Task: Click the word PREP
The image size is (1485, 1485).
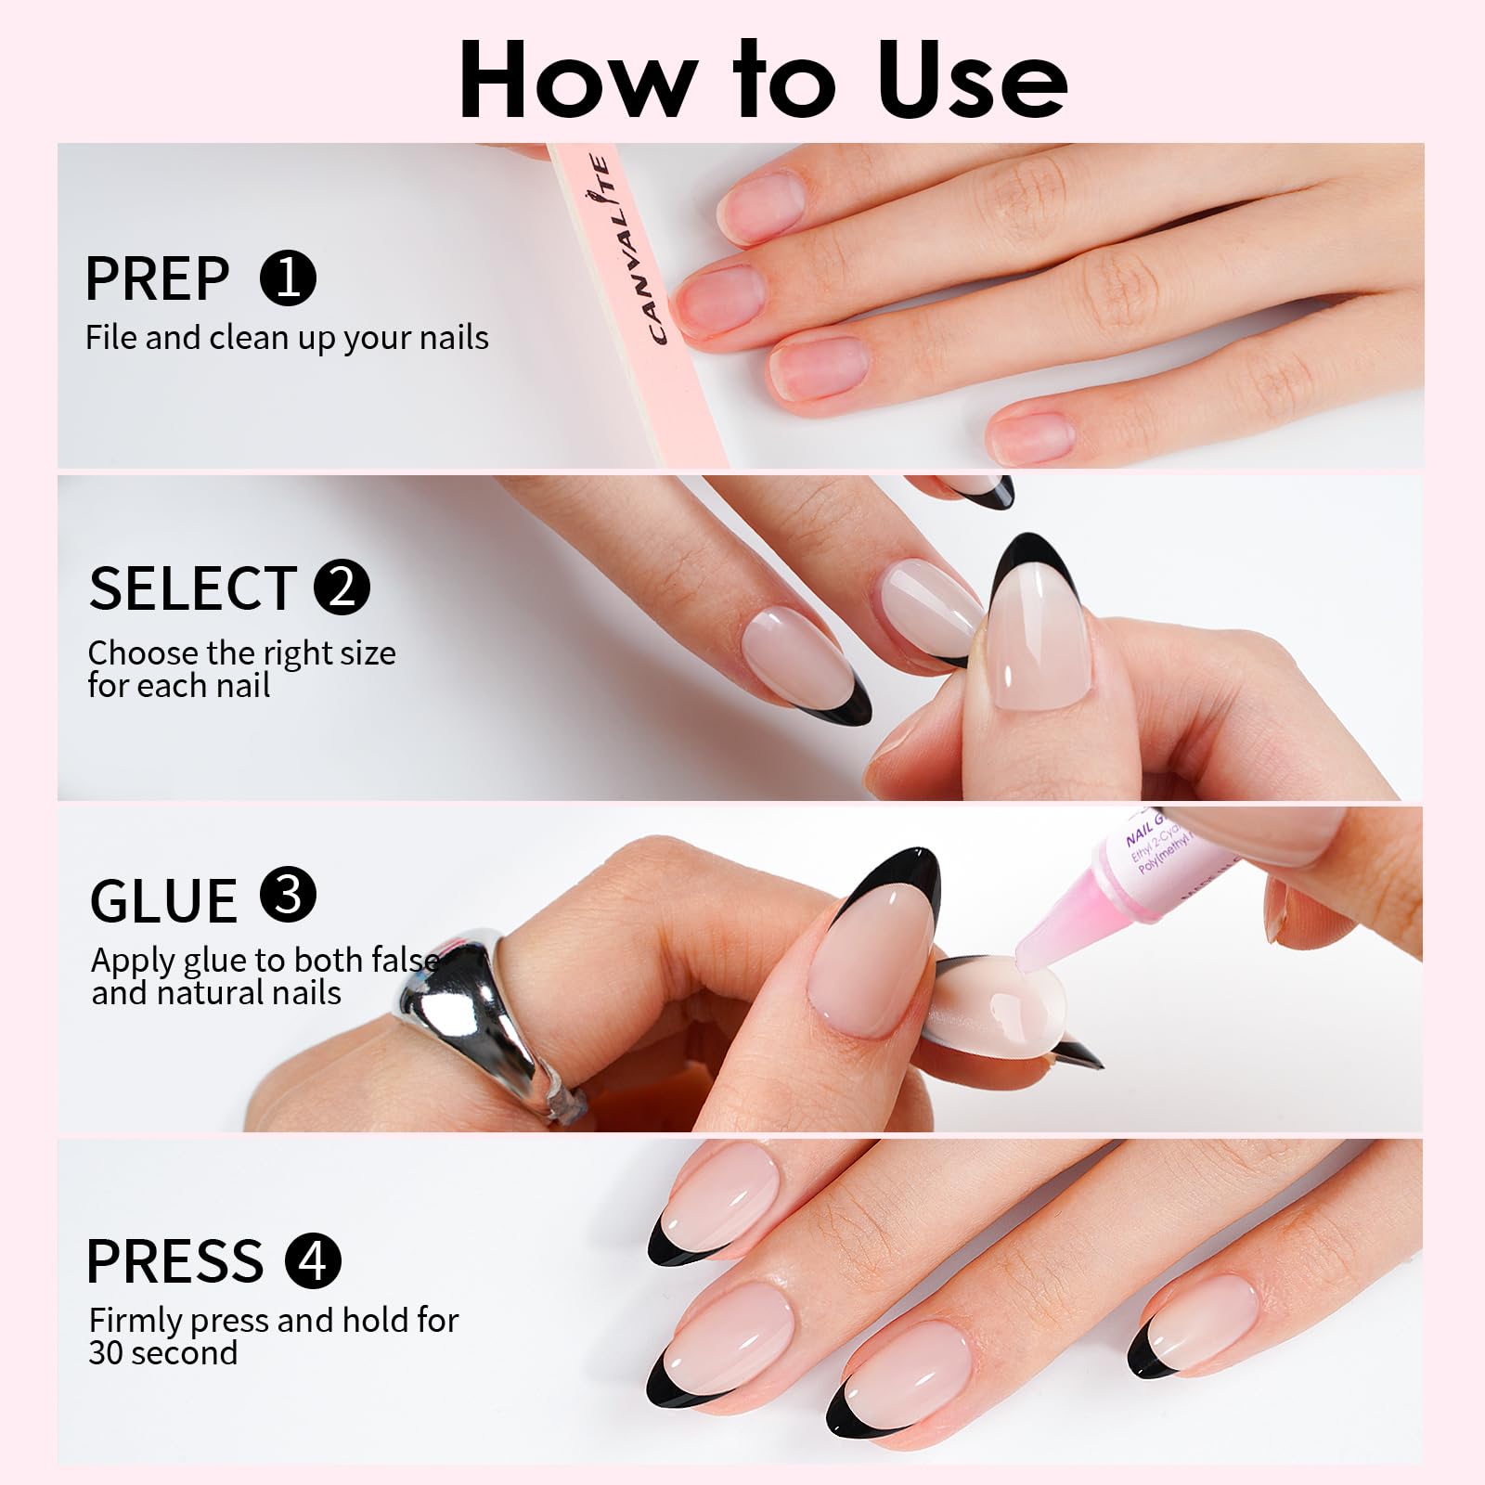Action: pos(157,278)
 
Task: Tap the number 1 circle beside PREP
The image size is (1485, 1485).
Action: pos(289,278)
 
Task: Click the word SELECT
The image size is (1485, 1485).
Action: pos(193,588)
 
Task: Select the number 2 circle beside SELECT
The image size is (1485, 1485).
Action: pos(342,587)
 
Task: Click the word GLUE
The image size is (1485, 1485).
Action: pos(163,900)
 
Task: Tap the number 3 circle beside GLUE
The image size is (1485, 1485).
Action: pos(289,897)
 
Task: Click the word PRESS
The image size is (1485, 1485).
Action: pos(174,1260)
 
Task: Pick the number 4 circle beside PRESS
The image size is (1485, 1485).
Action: pos(314,1260)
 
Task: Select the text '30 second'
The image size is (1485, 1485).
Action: pos(163,1353)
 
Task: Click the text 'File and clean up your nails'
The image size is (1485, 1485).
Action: pos(287,338)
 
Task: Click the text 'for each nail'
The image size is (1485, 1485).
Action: pos(179,687)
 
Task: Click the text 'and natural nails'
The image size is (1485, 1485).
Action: pos(216,994)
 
